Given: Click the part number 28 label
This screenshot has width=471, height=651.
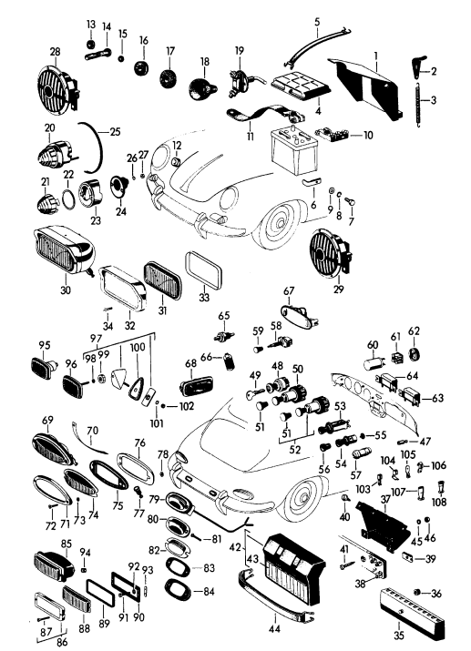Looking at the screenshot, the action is (55, 52).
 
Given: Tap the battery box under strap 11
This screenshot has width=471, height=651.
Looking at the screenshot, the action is (294, 149).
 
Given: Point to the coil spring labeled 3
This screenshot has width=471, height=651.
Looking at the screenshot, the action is (418, 103).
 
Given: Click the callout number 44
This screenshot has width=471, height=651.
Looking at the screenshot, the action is (274, 629).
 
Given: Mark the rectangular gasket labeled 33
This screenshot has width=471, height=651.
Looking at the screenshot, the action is (203, 270).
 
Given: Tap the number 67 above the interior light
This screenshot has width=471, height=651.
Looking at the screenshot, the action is (289, 291).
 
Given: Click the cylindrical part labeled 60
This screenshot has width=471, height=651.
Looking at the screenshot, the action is (372, 362).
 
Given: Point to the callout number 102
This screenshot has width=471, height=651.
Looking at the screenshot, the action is (187, 406).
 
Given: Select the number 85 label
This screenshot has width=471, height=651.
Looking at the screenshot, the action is (67, 544).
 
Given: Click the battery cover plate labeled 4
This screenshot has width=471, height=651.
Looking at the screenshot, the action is (302, 86).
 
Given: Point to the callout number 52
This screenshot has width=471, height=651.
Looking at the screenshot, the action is (295, 450).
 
